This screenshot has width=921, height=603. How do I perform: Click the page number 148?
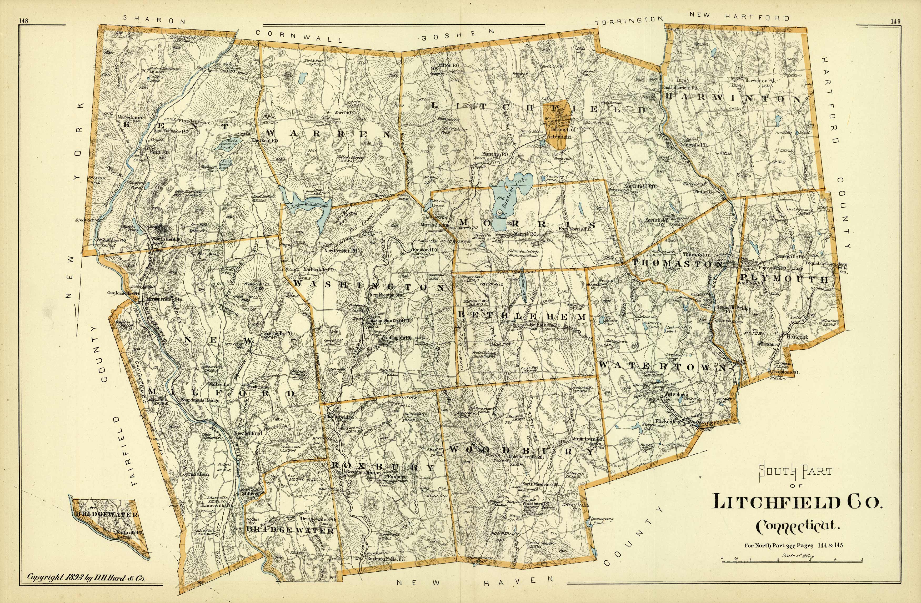(x=24, y=21)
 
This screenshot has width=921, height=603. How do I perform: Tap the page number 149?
(x=895, y=21)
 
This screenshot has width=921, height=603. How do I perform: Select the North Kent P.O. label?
(x=221, y=71)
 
